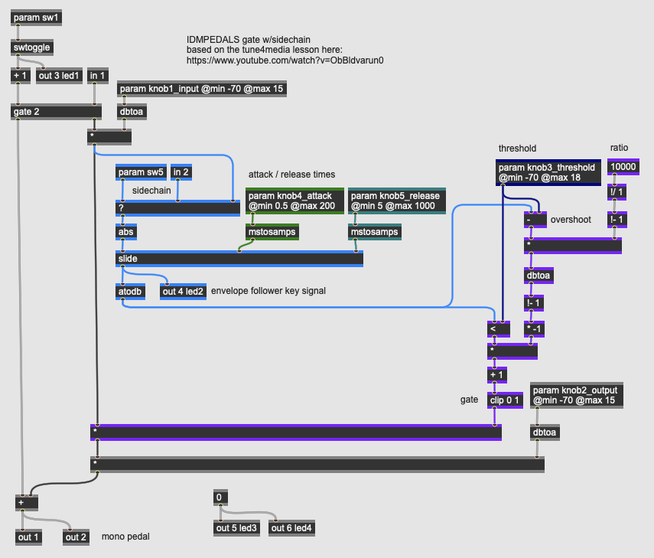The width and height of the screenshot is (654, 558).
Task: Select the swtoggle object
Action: (x=32, y=47)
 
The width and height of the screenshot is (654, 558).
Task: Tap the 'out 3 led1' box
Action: (x=60, y=75)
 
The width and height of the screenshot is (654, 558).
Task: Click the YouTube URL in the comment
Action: (x=285, y=60)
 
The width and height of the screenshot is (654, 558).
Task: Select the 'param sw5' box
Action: (x=141, y=172)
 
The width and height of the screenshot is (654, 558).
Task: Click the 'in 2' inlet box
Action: (x=181, y=172)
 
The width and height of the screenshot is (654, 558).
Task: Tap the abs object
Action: (x=126, y=231)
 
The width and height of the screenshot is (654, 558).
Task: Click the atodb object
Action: (x=130, y=291)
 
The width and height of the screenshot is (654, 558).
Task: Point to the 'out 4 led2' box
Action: (x=183, y=291)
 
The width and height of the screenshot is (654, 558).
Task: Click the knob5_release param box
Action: (x=396, y=201)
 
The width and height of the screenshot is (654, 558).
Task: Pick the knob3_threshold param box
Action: (x=546, y=173)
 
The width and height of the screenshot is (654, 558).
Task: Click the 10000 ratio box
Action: (x=622, y=167)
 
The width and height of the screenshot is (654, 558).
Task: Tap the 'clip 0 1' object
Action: (x=504, y=399)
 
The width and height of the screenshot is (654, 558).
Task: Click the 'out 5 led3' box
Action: (x=237, y=528)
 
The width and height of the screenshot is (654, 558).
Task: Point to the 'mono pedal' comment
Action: (x=125, y=537)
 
